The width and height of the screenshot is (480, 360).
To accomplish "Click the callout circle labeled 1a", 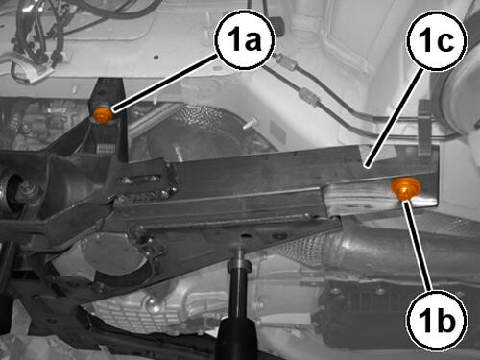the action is click(x=246, y=39).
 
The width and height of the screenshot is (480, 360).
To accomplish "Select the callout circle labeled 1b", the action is click(x=437, y=320).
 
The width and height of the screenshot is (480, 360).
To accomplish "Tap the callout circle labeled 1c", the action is click(x=437, y=40).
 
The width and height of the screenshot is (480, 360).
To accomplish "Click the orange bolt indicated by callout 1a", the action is click(x=103, y=114).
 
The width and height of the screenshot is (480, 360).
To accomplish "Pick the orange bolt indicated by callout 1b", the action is click(x=405, y=188).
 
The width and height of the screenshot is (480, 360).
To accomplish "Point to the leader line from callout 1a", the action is click(x=165, y=84).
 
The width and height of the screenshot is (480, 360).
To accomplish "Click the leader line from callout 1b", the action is click(x=417, y=246).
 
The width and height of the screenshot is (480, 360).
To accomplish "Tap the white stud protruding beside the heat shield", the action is click(x=251, y=124).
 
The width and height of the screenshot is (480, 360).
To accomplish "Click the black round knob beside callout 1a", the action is click(x=279, y=25).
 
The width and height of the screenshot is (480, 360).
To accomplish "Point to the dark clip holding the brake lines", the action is click(x=424, y=128).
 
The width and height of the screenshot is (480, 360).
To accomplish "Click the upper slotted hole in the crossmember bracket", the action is click(x=141, y=179).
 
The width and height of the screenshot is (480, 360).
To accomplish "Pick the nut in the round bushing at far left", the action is click(x=26, y=190).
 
